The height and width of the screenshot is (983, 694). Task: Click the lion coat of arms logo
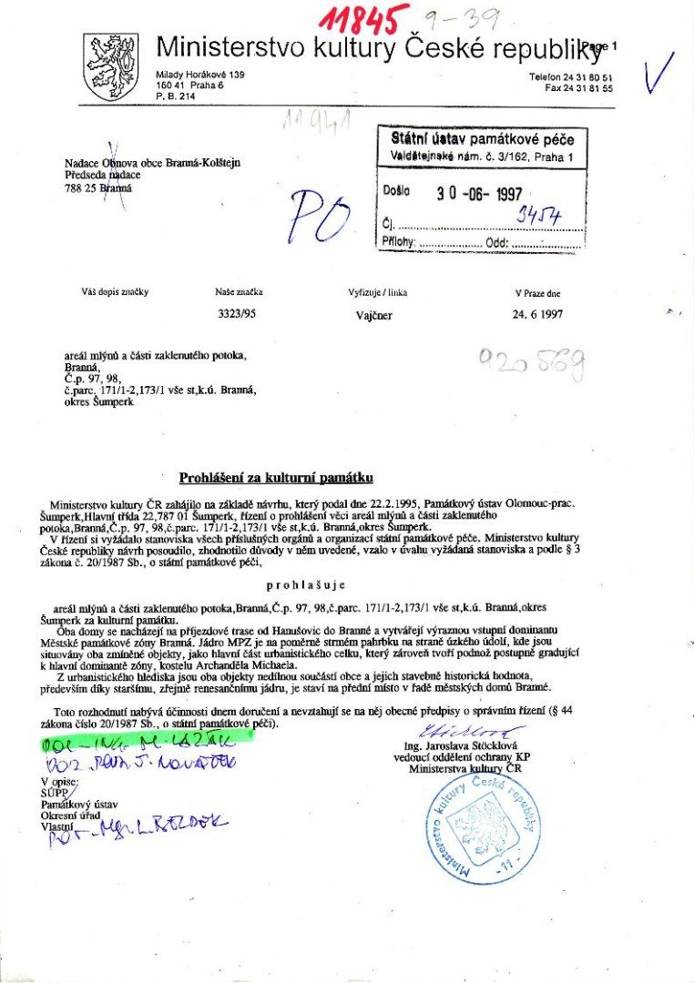tap(110, 66)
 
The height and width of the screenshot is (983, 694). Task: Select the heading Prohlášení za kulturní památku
tap(276, 477)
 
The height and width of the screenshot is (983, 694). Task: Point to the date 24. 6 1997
tap(537, 319)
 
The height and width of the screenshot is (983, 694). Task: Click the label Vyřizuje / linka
tap(377, 293)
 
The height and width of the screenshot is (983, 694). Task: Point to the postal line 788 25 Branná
tap(98, 187)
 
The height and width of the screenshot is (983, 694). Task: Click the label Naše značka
tap(239, 293)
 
